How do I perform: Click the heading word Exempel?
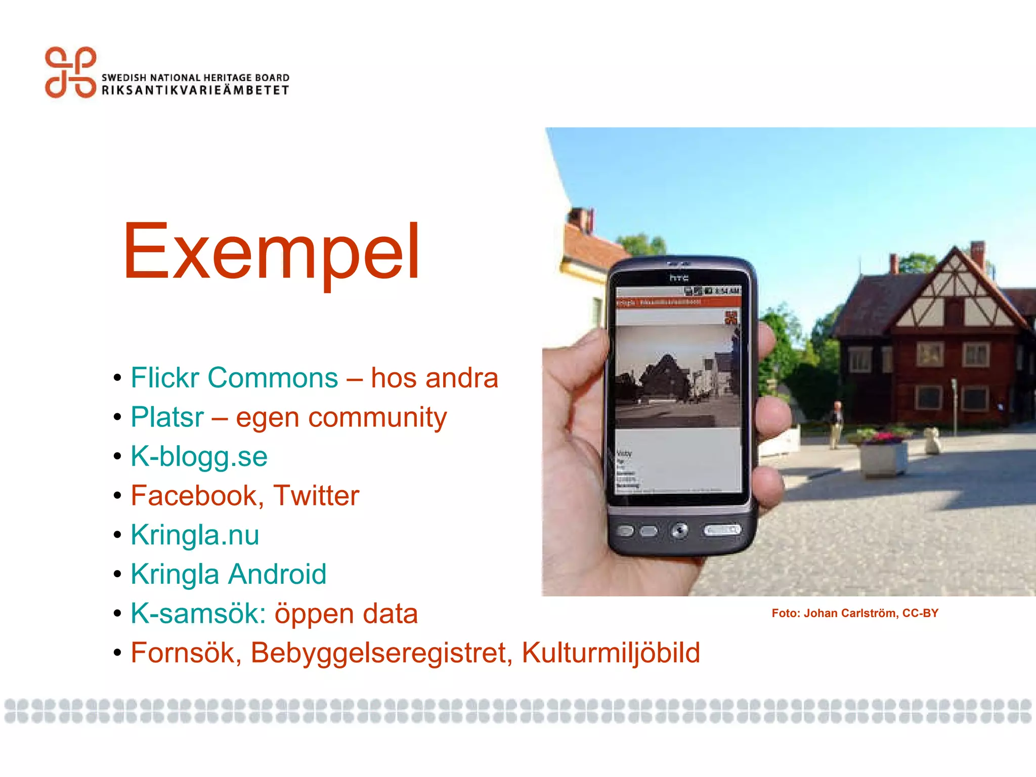click(271, 251)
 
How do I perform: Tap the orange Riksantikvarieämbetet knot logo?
click(70, 72)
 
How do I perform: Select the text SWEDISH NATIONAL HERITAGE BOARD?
click(195, 77)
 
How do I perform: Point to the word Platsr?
click(167, 417)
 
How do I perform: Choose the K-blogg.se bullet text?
click(199, 456)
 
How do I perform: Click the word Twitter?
click(316, 495)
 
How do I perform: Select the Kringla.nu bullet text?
click(195, 535)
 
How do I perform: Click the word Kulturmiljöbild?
click(611, 653)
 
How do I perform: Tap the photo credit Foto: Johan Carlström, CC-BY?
click(854, 613)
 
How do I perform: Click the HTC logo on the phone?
click(679, 278)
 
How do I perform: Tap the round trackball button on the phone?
click(679, 530)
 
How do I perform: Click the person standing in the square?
click(836, 424)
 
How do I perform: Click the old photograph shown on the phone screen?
click(677, 377)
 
